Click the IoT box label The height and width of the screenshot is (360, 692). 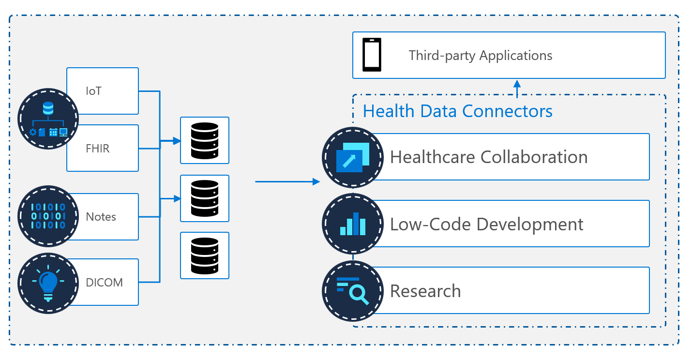[93, 91]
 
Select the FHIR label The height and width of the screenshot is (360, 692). [97, 149]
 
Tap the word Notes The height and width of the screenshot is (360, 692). [101, 217]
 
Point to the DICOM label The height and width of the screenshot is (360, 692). [104, 283]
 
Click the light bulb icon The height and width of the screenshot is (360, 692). [48, 283]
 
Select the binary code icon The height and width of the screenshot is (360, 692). [48, 216]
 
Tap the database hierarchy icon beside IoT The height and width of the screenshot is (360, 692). [48, 119]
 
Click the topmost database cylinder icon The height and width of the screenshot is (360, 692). [204, 140]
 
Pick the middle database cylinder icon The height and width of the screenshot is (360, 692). [204, 198]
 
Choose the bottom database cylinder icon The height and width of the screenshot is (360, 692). [204, 255]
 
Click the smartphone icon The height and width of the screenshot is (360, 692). [372, 55]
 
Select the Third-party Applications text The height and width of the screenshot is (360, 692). [480, 55]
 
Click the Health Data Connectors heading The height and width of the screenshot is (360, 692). [457, 111]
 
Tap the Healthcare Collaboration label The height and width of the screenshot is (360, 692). [489, 157]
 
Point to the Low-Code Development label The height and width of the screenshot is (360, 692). [486, 224]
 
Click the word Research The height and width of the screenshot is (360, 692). [425, 291]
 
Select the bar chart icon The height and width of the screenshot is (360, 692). [353, 224]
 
